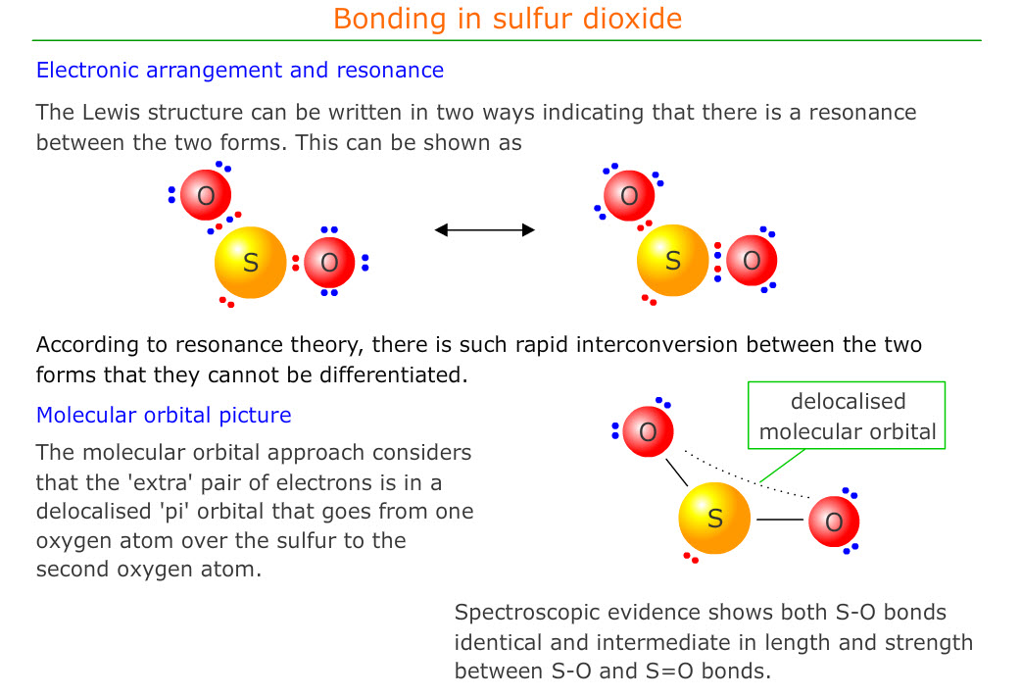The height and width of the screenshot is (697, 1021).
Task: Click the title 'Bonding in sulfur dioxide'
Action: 508,19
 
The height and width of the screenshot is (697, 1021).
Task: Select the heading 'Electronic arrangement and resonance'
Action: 240,70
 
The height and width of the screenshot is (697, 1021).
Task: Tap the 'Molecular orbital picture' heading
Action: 164,415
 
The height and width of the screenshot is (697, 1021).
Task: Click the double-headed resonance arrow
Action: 484,229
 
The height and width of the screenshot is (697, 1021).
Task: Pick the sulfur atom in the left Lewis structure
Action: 250,262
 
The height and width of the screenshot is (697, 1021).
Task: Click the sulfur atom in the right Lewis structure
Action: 672,260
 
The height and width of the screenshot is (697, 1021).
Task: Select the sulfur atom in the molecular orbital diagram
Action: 714,518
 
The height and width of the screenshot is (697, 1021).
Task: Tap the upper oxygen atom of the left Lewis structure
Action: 206,195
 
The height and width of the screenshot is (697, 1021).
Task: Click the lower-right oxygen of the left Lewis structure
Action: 329,262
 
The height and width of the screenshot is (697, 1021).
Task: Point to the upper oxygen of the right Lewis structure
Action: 629,195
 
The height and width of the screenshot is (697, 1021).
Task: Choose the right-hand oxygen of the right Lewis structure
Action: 752,260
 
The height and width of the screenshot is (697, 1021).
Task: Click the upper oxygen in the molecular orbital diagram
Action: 648,431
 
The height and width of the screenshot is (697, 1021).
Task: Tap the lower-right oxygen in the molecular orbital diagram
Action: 834,522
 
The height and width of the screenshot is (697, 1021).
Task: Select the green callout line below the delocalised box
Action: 783,465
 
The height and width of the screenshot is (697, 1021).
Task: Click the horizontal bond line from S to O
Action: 779,520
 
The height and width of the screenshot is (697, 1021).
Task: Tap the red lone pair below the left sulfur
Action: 226,302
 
